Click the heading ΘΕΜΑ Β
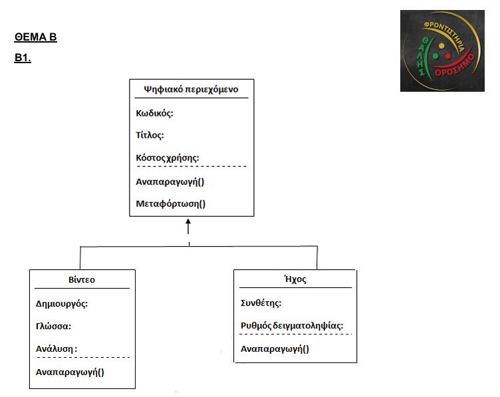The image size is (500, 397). pos(36,37)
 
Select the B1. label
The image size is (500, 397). pos(23,58)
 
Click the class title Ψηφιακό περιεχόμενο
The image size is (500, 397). pos(191,89)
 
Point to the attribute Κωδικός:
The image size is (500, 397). pos(154,113)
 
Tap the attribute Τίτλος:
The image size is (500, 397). pos(150,135)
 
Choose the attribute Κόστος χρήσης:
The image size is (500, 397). pos(168,158)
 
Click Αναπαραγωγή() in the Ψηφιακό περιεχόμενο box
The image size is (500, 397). pos(170,182)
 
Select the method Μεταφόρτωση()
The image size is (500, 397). pos(171,203)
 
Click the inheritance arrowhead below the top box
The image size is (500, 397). pos(188,221)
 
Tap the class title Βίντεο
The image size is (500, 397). pos(82,280)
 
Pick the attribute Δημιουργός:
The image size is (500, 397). pos(62,304)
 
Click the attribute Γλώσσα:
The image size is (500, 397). pos(53,327)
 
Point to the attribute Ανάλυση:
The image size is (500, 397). pos(57,349)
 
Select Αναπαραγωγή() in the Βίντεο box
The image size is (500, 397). pos(70,372)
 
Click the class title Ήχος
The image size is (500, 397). pos(295,279)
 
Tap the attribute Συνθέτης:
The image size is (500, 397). pos(261,303)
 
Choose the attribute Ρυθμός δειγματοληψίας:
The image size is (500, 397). pos(292,326)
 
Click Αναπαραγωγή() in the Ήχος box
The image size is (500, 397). pos(275,349)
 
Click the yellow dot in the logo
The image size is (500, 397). pos(441,46)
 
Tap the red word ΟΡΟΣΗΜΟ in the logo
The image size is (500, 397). pos(455,66)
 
